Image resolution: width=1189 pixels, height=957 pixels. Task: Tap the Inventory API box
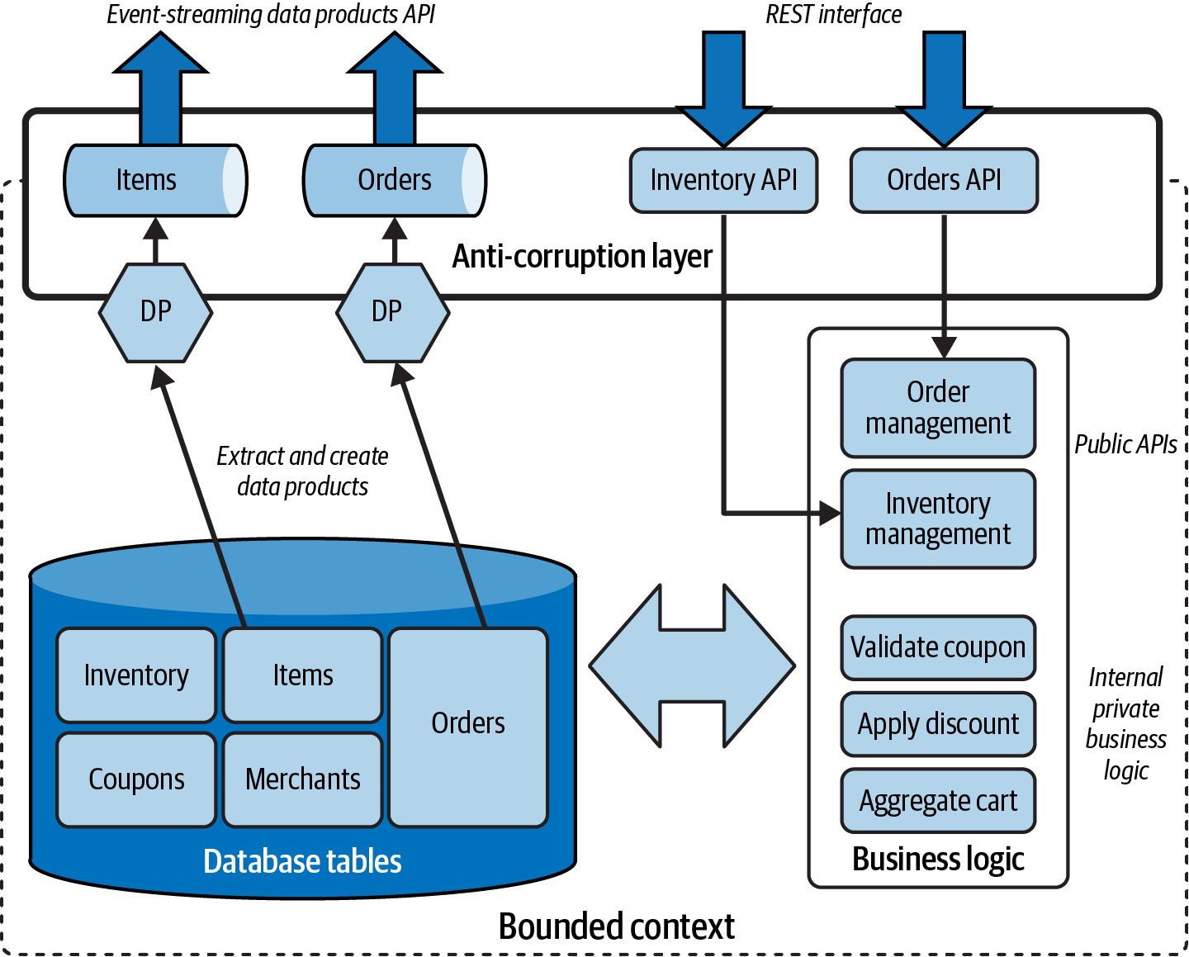723,181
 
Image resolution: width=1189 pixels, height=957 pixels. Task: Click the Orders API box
944,181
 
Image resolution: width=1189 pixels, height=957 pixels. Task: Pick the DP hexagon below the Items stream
155,312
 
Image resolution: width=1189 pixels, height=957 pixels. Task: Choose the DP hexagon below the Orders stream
393,312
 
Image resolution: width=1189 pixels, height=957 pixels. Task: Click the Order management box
938,408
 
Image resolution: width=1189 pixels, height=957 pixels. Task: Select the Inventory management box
938,519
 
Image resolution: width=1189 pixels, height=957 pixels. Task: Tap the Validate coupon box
938,647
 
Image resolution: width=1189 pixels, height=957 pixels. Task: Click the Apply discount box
938,724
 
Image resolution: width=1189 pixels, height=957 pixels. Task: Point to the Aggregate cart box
938,801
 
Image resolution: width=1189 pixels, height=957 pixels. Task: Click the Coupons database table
136,779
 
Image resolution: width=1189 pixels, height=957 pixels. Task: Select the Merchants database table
303,779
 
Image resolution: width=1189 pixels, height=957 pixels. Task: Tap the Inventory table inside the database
136,675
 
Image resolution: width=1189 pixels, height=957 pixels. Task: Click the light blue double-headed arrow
692,666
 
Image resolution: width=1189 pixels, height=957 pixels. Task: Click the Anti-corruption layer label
582,257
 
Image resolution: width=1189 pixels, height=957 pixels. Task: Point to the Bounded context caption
616,926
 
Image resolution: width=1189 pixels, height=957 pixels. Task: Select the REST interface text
833,14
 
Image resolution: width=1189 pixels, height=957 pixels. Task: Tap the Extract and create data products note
302,471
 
